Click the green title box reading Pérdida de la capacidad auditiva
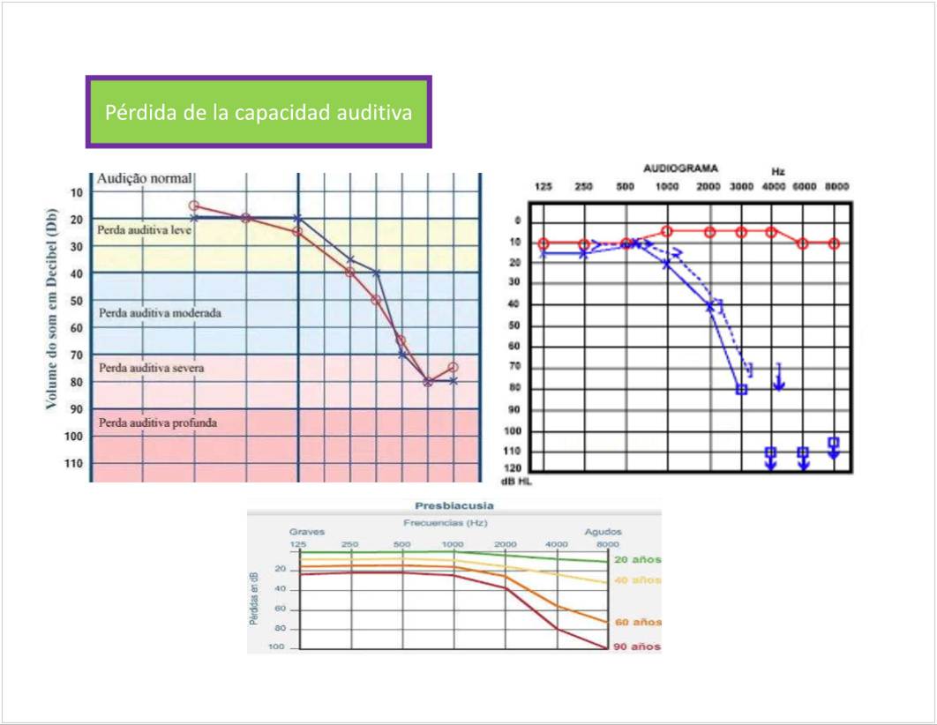tap(258, 113)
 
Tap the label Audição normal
tap(144, 179)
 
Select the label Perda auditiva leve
tap(145, 228)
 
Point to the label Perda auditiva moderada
tap(160, 312)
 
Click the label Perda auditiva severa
tap(151, 368)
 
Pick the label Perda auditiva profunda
tap(158, 422)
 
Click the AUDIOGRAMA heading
tap(680, 168)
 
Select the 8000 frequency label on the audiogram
tap(836, 187)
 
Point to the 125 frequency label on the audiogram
tap(543, 187)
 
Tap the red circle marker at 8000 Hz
tap(834, 243)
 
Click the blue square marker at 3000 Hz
tap(741, 389)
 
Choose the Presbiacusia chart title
tap(454, 506)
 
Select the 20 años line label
tap(637, 560)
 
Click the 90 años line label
tap(637, 647)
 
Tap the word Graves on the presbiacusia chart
tap(307, 532)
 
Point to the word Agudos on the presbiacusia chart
tap(603, 532)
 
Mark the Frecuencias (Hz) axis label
tap(454, 523)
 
